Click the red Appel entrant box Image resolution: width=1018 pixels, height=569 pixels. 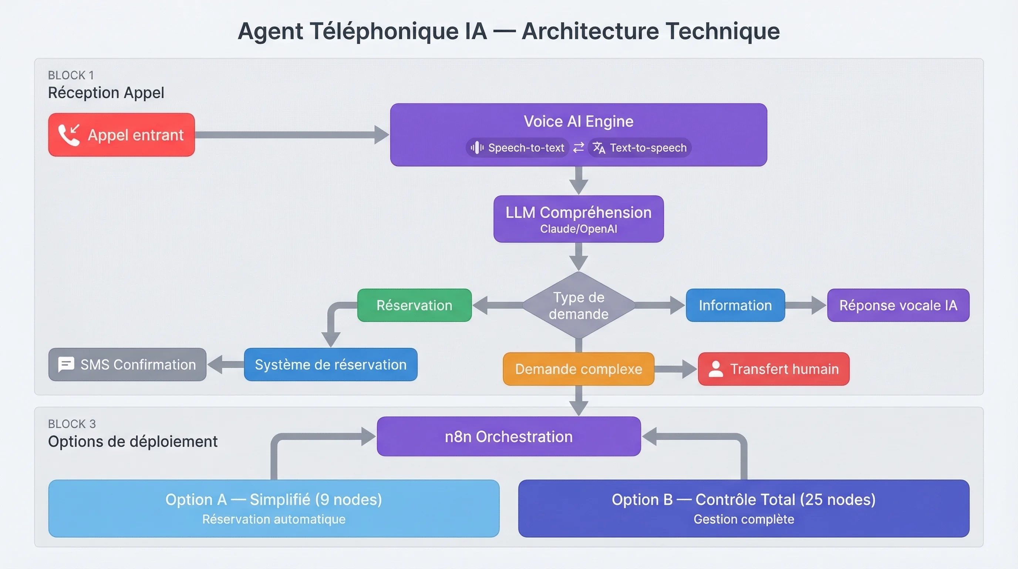[x=121, y=135]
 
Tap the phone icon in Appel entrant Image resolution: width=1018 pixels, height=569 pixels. [x=69, y=135]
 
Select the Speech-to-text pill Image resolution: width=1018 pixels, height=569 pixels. [x=518, y=147]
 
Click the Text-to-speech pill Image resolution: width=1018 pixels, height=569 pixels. [x=640, y=147]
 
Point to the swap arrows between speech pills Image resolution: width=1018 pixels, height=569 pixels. [x=579, y=147]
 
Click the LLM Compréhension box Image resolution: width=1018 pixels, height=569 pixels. [x=579, y=219]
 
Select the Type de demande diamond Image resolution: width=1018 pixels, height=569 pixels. [x=579, y=305]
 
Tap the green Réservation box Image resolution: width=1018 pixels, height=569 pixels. [x=414, y=305]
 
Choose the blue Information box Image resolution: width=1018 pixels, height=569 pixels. [x=735, y=305]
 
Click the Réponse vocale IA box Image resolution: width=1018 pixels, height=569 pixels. [x=898, y=305]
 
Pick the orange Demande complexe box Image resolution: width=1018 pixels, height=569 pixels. [x=579, y=369]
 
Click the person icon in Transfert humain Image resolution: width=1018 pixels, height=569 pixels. [x=715, y=369]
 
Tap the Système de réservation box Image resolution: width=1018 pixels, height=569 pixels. [x=330, y=365]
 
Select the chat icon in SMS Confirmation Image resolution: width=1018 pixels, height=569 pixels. [x=66, y=365]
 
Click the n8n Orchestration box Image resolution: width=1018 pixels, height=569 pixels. [x=509, y=436]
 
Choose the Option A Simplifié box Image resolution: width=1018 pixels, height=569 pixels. [x=273, y=509]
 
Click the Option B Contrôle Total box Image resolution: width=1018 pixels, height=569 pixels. [x=744, y=509]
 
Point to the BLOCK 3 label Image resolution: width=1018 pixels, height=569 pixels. [x=72, y=424]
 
